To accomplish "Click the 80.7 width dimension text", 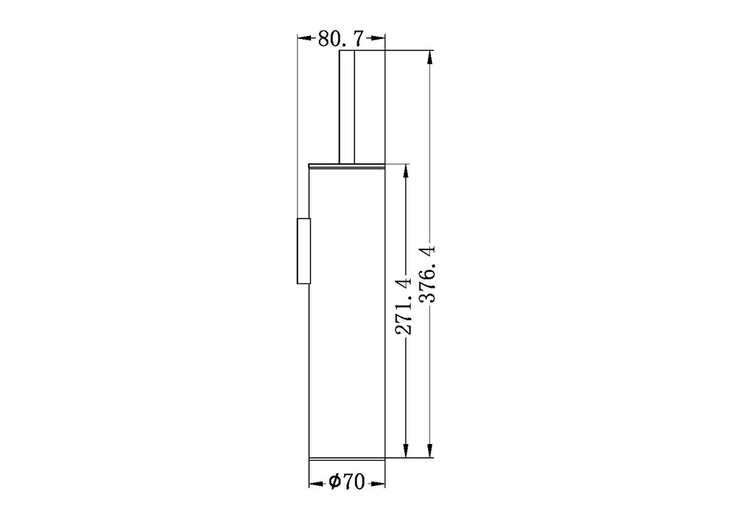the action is tap(341, 39).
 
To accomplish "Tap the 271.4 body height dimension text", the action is tap(403, 306).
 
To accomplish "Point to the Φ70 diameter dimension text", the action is tap(347, 482).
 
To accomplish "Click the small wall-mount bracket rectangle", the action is tap(304, 252).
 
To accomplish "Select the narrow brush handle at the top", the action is tap(347, 107).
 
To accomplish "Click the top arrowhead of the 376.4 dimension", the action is tap(429, 58).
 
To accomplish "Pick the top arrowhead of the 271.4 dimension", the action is tap(406, 172).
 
